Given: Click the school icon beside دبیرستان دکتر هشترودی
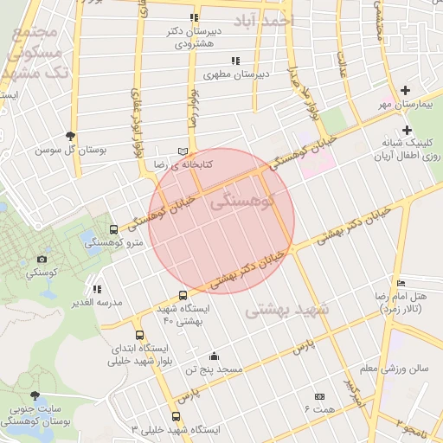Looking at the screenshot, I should click(194, 17).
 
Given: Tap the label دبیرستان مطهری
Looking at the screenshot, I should click(238, 74).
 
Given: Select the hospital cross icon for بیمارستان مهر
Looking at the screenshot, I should click(406, 91).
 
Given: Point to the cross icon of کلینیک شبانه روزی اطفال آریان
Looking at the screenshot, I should click(406, 130).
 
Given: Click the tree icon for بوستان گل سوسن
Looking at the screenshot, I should click(70, 136).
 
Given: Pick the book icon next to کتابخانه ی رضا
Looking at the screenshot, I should click(182, 151).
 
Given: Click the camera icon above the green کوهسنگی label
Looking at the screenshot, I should click(41, 259).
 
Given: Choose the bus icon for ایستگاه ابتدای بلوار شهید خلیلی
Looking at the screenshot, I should click(139, 336).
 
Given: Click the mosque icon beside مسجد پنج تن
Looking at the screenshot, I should click(214, 356).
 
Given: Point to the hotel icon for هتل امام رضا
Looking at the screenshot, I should click(400, 284).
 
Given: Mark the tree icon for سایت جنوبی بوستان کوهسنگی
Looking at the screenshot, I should click(35, 395).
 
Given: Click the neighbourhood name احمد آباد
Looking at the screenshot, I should click(263, 18).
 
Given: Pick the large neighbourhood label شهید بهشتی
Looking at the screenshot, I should click(288, 310).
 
